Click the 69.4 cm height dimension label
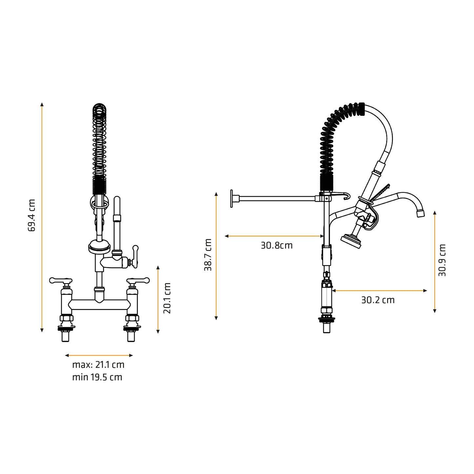click(32, 215)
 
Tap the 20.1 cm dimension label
click(167, 298)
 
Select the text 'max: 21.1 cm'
click(98, 365)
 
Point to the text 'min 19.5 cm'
click(97, 377)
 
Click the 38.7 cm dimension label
click(208, 255)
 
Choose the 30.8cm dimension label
click(277, 245)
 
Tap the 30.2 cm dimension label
click(378, 300)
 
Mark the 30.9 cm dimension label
click(442, 260)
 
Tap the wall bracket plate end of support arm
click(232, 198)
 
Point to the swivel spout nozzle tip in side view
click(421, 214)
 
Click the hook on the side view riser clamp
click(345, 196)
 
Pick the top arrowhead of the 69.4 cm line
click(42, 104)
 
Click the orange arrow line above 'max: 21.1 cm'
click(99, 355)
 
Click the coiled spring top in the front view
click(100, 109)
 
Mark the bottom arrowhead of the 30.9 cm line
click(435, 311)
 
